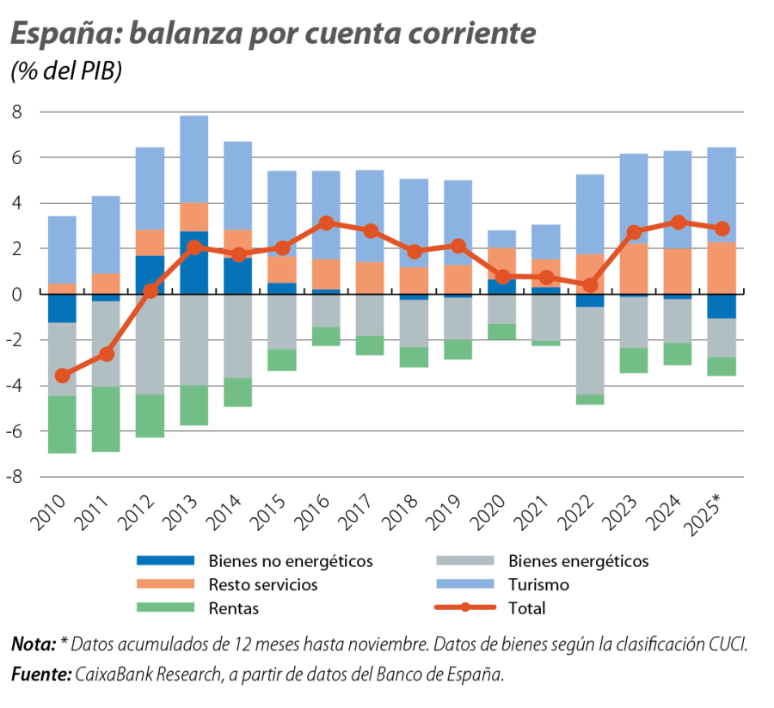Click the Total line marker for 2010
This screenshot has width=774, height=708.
[x=62, y=375]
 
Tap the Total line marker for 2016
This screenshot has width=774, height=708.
[x=326, y=223]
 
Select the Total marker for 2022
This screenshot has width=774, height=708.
[x=590, y=285]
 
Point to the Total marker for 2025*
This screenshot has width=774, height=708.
[x=722, y=229]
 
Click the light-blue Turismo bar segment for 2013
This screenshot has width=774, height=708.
[x=194, y=159]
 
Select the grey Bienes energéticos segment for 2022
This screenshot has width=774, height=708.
[x=590, y=351]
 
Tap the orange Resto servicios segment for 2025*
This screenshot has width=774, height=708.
[x=722, y=268]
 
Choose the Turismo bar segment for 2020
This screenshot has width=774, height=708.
[x=502, y=238]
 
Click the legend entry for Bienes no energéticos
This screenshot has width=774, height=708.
[x=290, y=561]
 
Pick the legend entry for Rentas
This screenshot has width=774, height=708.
[x=233, y=608]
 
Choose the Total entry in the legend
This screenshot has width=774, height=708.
[x=526, y=608]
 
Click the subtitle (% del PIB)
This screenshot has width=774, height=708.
[x=66, y=71]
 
